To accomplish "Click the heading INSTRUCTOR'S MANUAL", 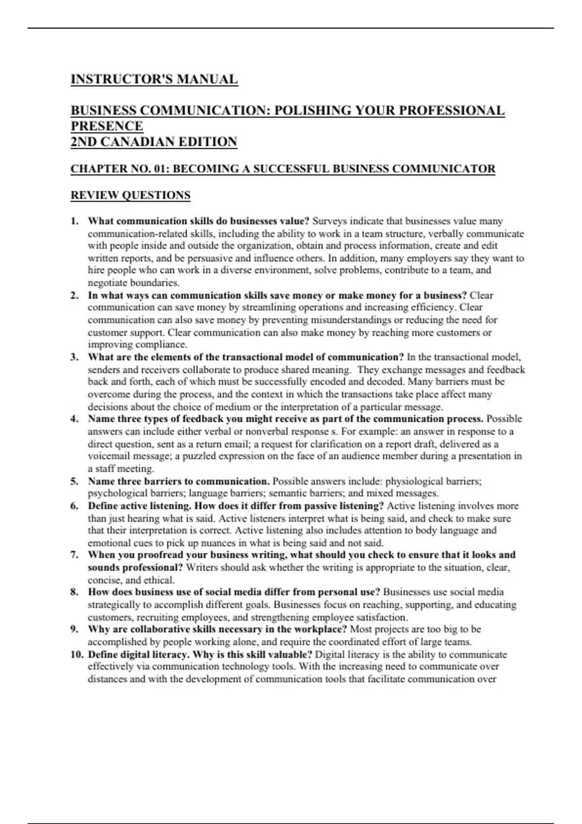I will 154,79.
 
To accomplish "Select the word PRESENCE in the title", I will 107,126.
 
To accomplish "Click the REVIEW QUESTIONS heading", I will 130,195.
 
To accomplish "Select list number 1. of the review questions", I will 75,222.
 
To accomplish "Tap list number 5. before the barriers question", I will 75,481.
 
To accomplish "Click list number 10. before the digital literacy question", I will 77,654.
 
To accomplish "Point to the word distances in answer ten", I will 107,679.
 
